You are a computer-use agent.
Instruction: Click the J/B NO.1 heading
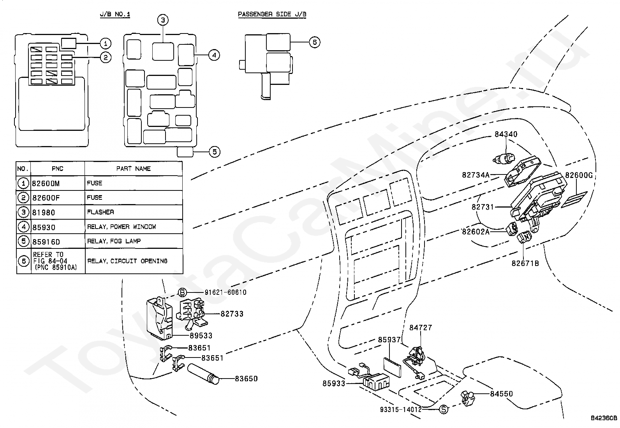[115, 14]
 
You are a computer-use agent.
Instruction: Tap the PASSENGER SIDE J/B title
[272, 14]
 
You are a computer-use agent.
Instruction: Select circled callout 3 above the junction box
[163, 20]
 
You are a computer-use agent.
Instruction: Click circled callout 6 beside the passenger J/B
[314, 42]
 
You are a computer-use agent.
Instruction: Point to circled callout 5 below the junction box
[215, 152]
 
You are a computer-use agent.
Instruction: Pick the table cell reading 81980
[44, 212]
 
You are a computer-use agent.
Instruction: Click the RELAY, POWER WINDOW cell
[122, 227]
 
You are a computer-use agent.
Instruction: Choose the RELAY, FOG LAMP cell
[114, 241]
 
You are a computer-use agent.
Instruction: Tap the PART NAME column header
[134, 169]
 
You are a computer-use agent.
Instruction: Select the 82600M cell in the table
[46, 183]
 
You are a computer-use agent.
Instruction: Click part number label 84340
[506, 134]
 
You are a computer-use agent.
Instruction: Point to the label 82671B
[525, 263]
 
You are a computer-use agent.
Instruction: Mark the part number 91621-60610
[225, 292]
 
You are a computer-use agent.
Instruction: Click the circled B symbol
[182, 292]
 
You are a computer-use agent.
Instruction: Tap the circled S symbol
[444, 409]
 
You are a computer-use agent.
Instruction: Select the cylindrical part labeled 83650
[203, 374]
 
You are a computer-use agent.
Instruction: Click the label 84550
[502, 394]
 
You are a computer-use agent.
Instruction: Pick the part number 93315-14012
[401, 409]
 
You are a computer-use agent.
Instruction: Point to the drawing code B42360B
[604, 418]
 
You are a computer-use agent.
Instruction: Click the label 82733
[232, 314]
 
